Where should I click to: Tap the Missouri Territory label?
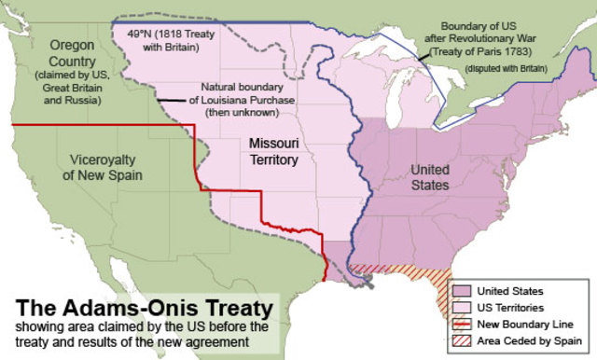click(x=273, y=152)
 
